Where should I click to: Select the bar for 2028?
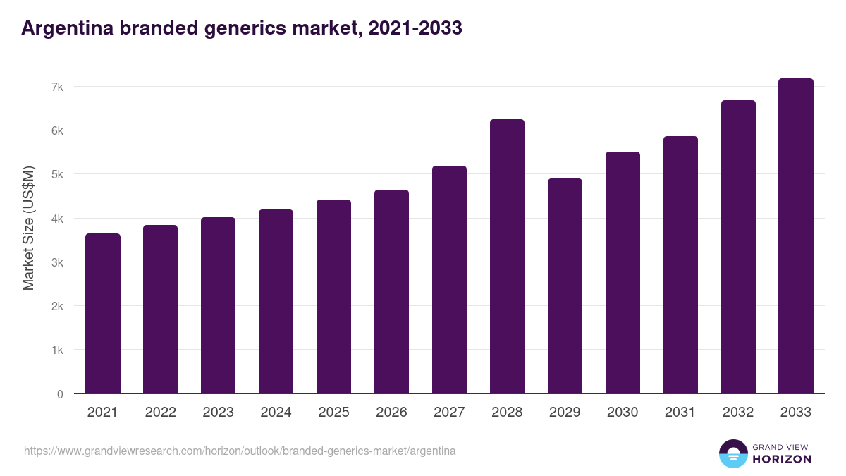coord(507,257)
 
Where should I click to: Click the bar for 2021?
coord(102,314)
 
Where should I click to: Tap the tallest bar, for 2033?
coord(796,236)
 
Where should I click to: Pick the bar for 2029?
coord(565,286)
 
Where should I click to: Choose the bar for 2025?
coord(333,297)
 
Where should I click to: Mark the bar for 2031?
coord(680,265)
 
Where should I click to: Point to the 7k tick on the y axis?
coord(57,87)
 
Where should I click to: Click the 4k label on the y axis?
coord(57,219)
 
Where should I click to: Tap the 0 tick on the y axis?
coord(60,394)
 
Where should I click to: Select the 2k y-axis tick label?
coord(57,306)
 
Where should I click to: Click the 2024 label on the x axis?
coord(276,413)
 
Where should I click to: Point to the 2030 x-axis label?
coord(623,413)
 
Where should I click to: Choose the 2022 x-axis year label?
coord(160,413)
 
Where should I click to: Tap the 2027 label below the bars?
coord(449,413)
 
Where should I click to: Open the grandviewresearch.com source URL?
coord(240,451)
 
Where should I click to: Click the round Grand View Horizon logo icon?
coord(732,453)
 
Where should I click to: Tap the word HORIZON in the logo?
coord(782,459)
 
